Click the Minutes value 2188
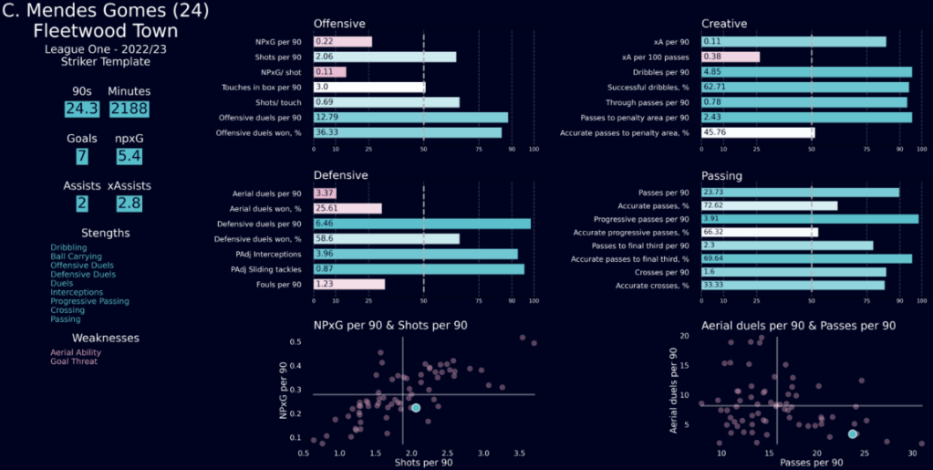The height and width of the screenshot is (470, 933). pyautogui.click(x=129, y=109)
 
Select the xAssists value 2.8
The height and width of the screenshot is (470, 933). pyautogui.click(x=129, y=204)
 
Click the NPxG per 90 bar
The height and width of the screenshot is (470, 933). pyautogui.click(x=342, y=42)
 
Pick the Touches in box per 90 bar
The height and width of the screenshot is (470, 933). pyautogui.click(x=368, y=87)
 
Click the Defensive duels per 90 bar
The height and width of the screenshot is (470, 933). pyautogui.click(x=421, y=223)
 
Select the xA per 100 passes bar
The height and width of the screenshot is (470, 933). pyautogui.click(x=730, y=57)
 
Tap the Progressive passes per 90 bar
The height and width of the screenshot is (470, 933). pyautogui.click(x=809, y=219)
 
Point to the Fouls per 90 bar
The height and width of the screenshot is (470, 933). pyautogui.click(x=348, y=284)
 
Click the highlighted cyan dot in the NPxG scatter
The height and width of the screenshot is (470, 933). pyautogui.click(x=416, y=408)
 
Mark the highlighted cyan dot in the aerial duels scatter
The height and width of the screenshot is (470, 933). pyautogui.click(x=853, y=433)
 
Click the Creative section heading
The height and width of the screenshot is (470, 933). pyautogui.click(x=726, y=23)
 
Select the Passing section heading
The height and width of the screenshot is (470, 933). pyautogui.click(x=723, y=174)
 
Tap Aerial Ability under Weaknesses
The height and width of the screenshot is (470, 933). pyautogui.click(x=76, y=352)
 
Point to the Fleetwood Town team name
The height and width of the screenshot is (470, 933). pyautogui.click(x=105, y=31)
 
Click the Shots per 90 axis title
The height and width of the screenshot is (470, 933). pyautogui.click(x=423, y=464)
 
